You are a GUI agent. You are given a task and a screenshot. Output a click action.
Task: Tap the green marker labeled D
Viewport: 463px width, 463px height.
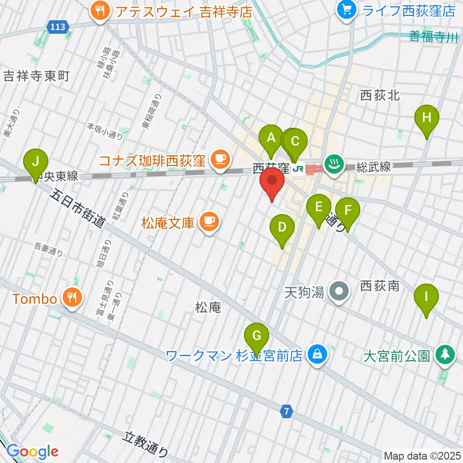(x=282, y=228)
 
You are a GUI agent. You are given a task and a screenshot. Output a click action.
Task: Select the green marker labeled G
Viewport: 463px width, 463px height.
(x=257, y=335)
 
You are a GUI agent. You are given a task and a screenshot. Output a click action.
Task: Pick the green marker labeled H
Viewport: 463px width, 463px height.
(x=427, y=118)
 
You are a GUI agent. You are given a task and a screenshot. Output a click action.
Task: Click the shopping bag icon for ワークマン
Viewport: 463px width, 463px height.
(x=317, y=355)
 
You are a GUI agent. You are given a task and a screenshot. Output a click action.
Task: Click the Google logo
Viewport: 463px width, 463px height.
(x=32, y=451)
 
